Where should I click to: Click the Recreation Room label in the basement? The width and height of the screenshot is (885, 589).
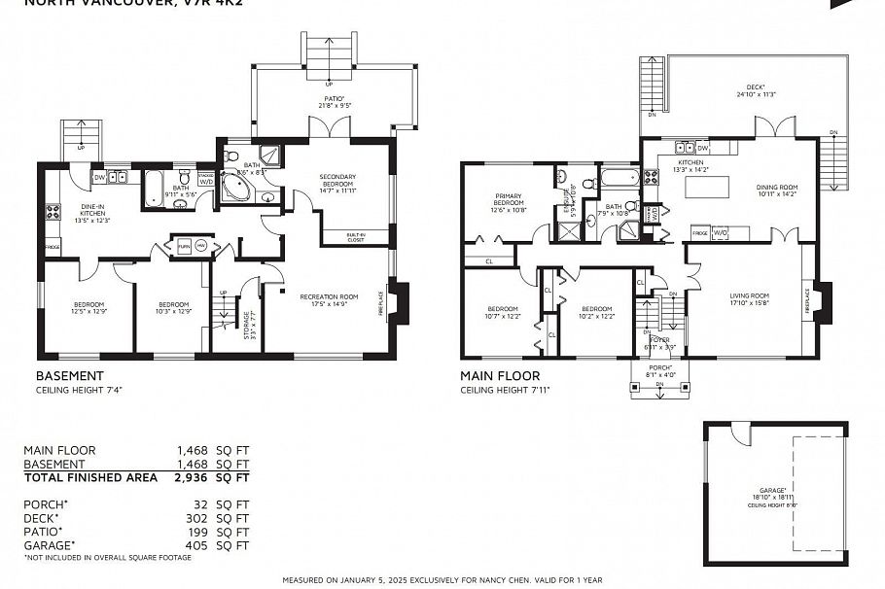point(329,297)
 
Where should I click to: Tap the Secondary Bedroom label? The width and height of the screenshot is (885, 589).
point(337,181)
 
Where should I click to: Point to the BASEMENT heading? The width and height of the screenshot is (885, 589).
point(69,375)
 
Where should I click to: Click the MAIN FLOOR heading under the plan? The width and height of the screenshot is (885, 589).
point(500,375)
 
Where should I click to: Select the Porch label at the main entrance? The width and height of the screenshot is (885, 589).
point(657,368)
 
